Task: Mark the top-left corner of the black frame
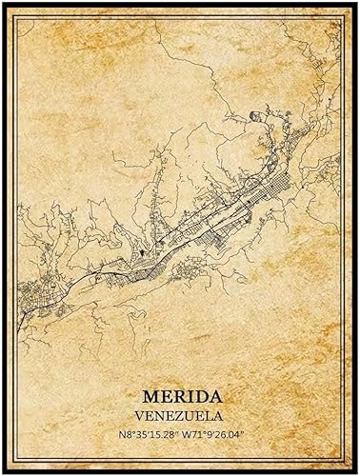coord(3,3)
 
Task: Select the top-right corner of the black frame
coord(356,3)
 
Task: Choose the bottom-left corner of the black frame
coord(3,472)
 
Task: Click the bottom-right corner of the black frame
coord(356,472)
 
